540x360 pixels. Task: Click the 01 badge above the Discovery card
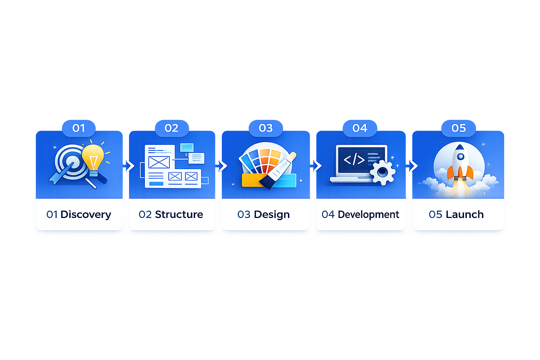[79, 128]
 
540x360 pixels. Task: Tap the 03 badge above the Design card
[266, 128]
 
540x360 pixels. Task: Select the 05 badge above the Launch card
[458, 128]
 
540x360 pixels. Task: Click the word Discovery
[86, 214]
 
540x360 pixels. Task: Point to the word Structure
[179, 214]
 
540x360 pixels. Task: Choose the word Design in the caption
[272, 214]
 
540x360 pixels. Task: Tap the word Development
[368, 214]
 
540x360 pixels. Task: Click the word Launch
[465, 214]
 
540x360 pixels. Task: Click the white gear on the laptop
[382, 172]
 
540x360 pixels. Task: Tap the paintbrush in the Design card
[278, 171]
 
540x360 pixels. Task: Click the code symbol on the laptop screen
[354, 159]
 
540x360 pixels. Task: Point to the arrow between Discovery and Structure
[130, 166]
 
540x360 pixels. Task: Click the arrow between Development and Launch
[414, 166]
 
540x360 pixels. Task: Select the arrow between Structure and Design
[223, 166]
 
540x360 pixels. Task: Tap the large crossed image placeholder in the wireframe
[159, 162]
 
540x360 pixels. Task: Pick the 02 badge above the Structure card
[172, 128]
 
